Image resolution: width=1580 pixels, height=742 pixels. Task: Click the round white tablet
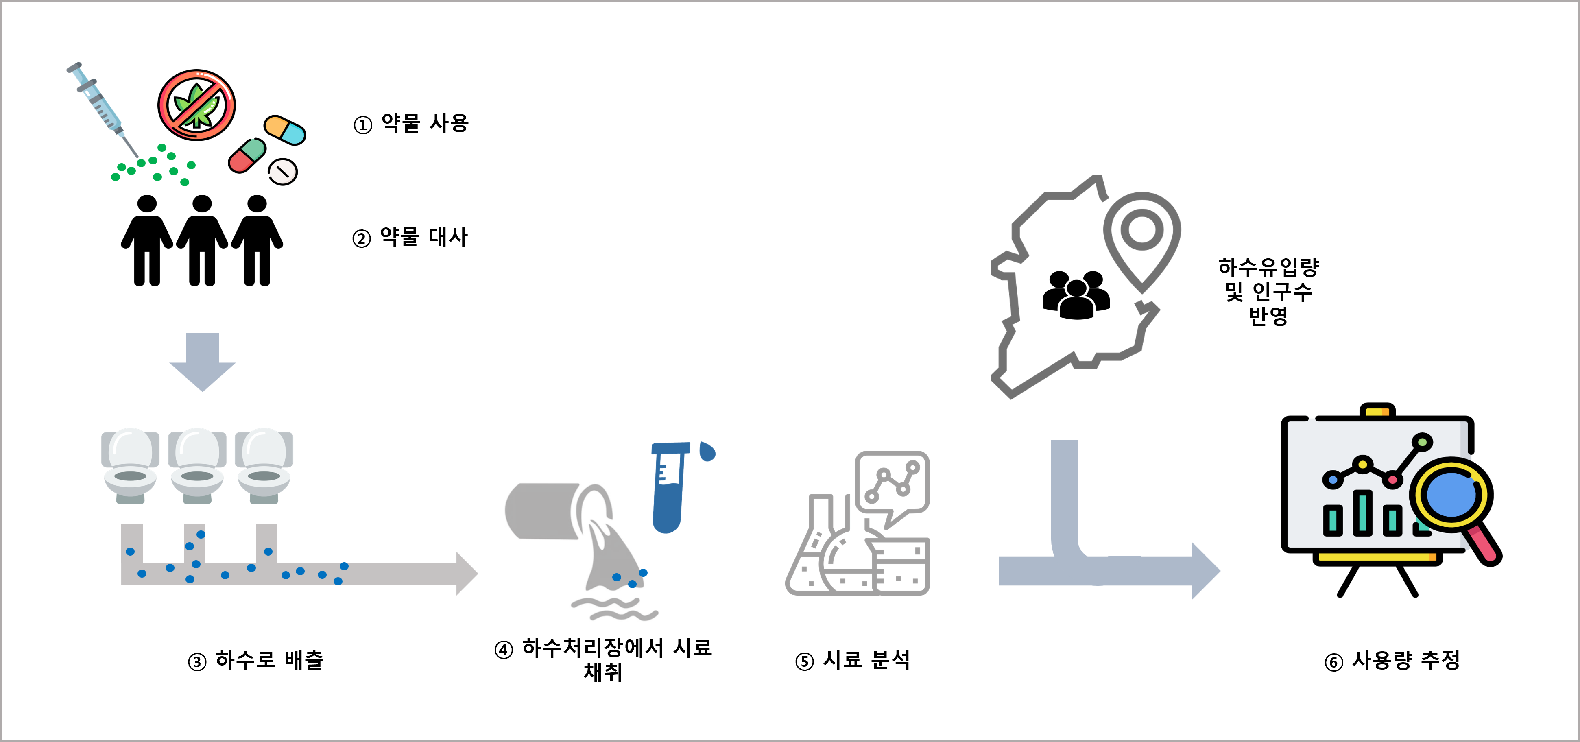coord(282,172)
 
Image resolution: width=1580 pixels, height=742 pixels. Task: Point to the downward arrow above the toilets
coord(203,362)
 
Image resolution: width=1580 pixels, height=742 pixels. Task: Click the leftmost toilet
coord(130,466)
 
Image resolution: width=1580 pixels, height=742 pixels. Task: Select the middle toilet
coord(197,466)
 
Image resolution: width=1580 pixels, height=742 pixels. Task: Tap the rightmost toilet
coord(264,466)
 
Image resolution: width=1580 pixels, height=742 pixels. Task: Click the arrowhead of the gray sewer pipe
coord(466,573)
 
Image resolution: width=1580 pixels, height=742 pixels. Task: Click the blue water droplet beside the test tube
coord(707,451)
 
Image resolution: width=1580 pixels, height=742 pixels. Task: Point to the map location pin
coord(1141,236)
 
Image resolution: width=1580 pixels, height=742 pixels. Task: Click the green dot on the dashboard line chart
coord(1422,441)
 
